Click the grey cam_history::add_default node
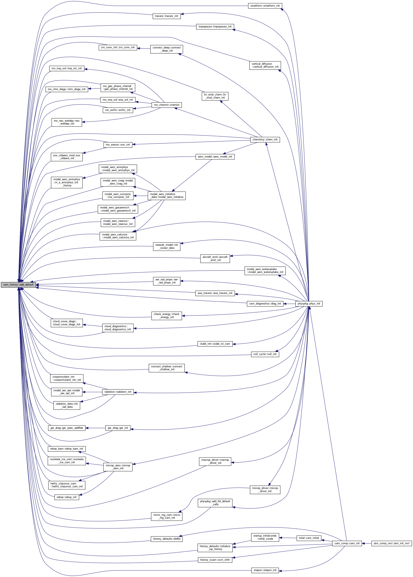pos(18,285)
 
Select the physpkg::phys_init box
pos(309,303)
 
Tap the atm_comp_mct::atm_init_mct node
pos(391,543)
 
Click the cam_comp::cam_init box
pos(347,543)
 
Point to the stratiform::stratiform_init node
pos(265,6)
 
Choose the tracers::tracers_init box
pos(167,16)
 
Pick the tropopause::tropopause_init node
pos(215,26)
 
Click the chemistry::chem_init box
pos(265,140)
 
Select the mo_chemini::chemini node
pos(167,105)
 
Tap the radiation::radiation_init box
pos(118,392)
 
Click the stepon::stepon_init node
pos(265,570)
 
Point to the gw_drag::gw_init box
pos(118,428)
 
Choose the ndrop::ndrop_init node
pos(67,497)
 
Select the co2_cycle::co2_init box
pos(265,354)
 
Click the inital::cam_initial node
pos(309,538)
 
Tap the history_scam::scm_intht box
pos(215,560)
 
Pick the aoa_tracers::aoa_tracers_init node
pos(215,293)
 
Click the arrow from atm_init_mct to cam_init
pos(366,543)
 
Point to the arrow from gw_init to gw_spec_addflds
pos(95,428)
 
